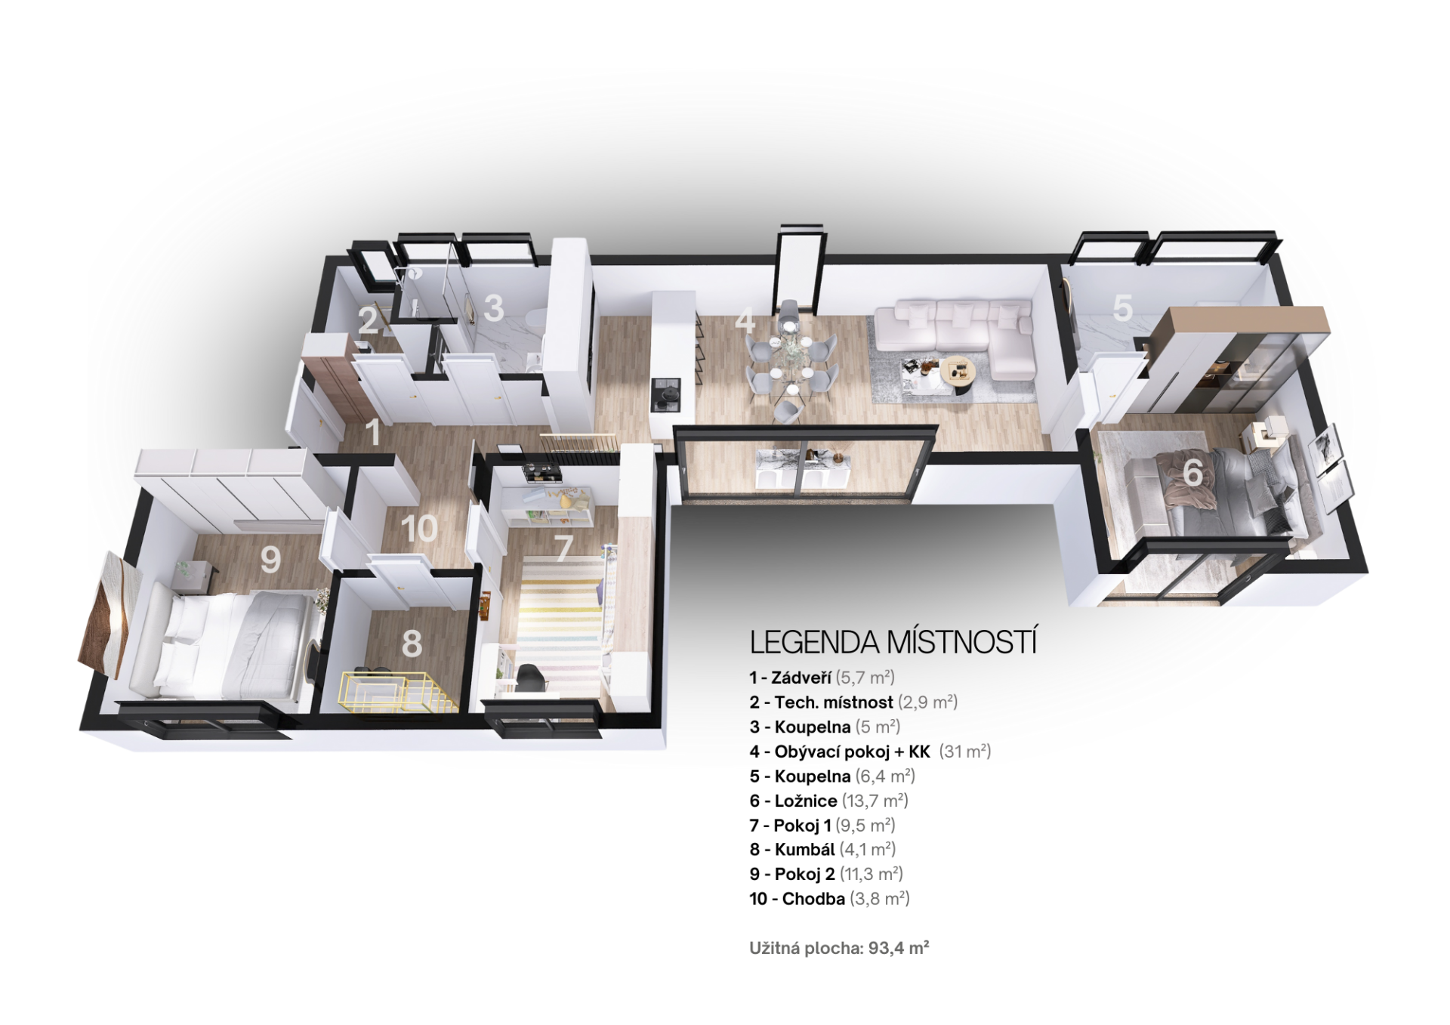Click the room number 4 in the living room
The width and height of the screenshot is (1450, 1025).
click(745, 320)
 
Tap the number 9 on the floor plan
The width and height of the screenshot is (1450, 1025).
click(270, 560)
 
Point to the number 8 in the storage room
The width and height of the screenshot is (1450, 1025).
click(412, 644)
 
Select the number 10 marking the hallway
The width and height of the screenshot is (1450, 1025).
click(419, 529)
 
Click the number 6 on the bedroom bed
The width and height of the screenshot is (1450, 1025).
click(1192, 474)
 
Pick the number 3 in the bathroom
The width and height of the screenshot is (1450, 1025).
click(494, 308)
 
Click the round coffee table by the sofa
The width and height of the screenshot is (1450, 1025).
click(957, 373)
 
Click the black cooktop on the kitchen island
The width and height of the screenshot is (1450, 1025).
click(666, 395)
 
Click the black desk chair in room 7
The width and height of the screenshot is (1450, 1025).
click(531, 677)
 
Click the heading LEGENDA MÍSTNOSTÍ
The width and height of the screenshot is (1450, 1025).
click(893, 642)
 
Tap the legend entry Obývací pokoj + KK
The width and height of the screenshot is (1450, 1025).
click(870, 752)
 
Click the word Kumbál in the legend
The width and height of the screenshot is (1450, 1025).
click(804, 850)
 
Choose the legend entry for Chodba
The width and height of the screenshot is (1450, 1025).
click(829, 899)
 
